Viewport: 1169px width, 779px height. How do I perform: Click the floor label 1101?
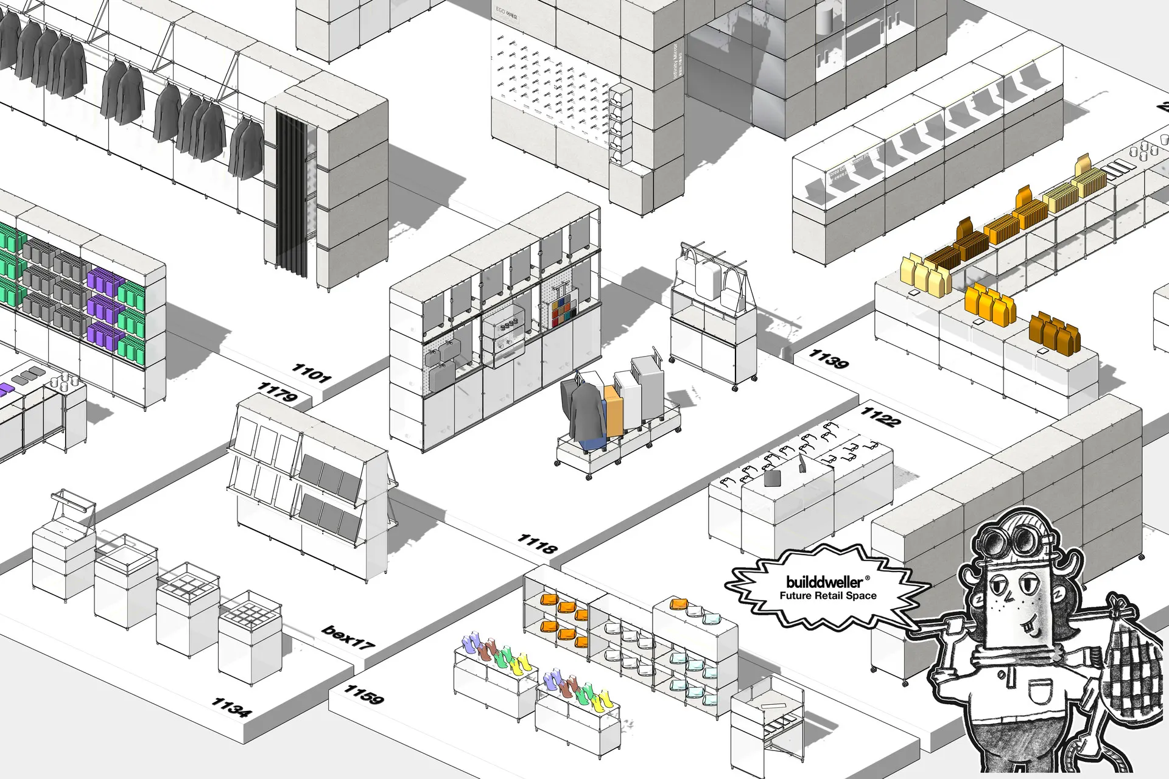(311, 372)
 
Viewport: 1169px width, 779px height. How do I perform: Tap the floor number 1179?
(277, 392)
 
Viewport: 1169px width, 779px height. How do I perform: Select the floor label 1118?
(537, 543)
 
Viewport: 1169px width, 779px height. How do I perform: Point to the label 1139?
(828, 358)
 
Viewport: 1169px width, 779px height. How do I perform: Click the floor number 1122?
(880, 417)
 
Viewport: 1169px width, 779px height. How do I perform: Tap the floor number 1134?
(230, 707)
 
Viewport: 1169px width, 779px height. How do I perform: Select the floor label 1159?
(364, 694)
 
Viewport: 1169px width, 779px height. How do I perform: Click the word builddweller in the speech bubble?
(824, 581)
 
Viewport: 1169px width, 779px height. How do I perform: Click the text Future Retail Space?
(828, 596)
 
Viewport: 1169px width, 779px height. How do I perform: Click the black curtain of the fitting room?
(292, 192)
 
